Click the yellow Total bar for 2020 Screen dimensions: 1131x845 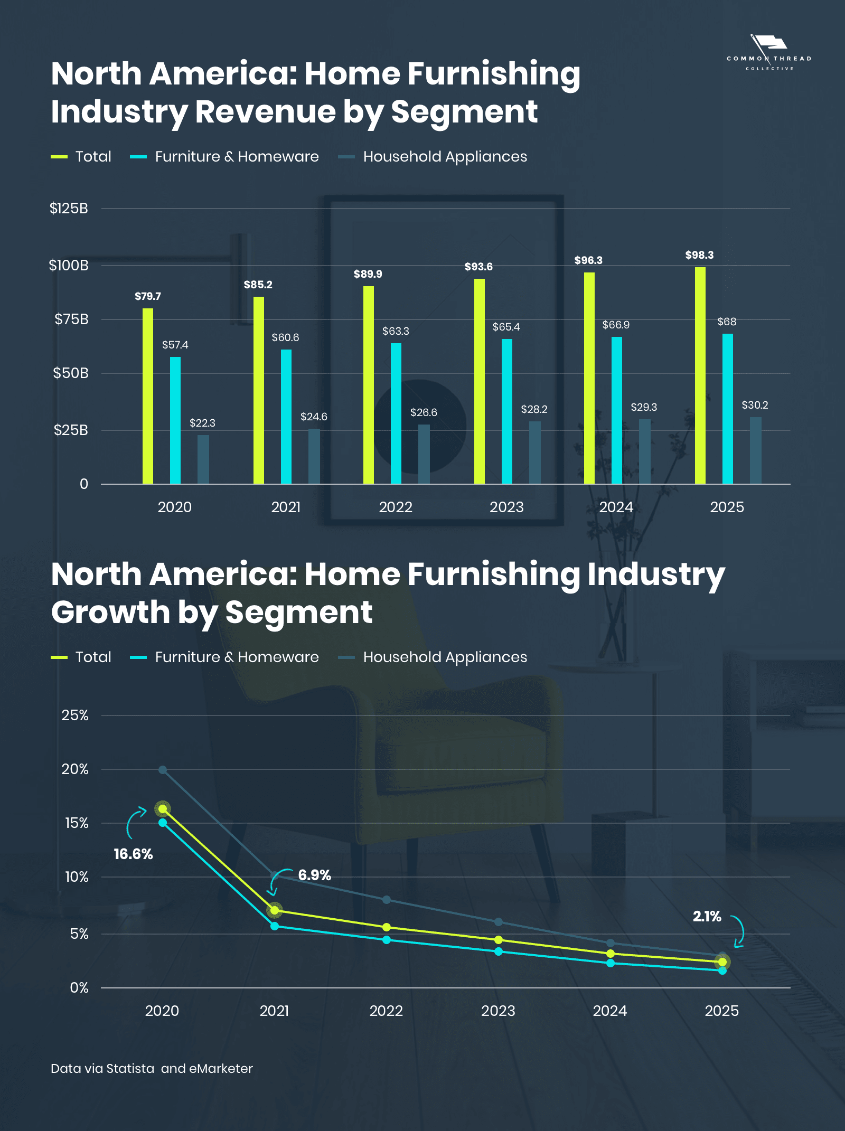(148, 396)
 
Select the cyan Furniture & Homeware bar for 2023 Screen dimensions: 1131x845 (506, 411)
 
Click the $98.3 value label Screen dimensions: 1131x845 (699, 255)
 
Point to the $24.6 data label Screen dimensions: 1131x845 (314, 417)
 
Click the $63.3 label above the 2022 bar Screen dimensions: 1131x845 (396, 331)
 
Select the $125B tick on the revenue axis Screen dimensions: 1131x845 (69, 209)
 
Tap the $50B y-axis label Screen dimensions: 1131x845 (70, 373)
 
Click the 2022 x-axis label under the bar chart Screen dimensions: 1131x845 (396, 507)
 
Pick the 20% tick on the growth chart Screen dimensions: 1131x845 (74, 769)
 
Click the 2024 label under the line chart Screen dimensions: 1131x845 (610, 1011)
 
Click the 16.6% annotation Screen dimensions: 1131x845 (133, 854)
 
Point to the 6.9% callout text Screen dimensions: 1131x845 (314, 875)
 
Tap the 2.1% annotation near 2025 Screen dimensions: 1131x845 (707, 917)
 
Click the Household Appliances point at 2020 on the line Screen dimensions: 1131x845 (163, 770)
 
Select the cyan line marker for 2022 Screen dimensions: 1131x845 (387, 940)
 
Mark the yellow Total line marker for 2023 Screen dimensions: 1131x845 (499, 940)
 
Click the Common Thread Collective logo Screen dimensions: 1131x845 (769, 53)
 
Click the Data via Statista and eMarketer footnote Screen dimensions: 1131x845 (152, 1069)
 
